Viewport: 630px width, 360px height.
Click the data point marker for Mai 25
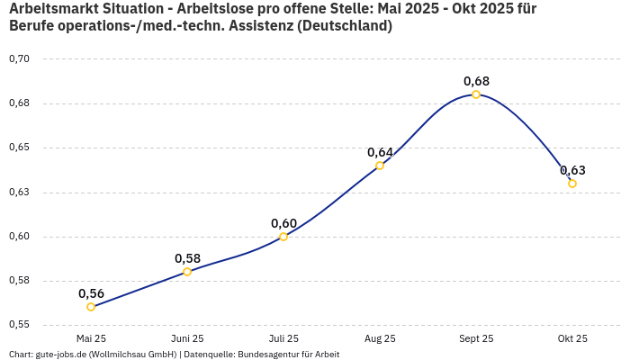tap(91, 307)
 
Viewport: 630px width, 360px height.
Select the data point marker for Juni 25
tap(187, 272)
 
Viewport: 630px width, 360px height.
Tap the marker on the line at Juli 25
tap(283, 237)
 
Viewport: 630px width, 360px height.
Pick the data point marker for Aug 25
tap(380, 166)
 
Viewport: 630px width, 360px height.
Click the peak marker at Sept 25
tap(476, 94)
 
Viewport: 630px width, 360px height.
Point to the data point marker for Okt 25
tap(572, 184)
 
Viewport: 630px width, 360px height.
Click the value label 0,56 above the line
tap(91, 293)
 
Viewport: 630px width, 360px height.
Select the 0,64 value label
tap(380, 152)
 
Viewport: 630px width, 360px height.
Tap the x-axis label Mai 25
tap(91, 339)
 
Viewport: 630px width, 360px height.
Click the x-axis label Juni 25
tap(187, 339)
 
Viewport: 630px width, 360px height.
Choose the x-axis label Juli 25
tap(283, 339)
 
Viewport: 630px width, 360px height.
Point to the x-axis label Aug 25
tap(380, 339)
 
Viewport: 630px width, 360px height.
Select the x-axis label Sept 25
tap(476, 339)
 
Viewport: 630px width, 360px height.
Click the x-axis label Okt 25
tap(572, 339)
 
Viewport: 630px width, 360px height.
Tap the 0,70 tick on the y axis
tap(19, 59)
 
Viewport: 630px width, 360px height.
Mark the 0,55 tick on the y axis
tap(19, 325)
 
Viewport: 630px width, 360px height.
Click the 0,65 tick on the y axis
tap(19, 148)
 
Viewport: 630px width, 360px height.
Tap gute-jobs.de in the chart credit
tap(60, 355)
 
